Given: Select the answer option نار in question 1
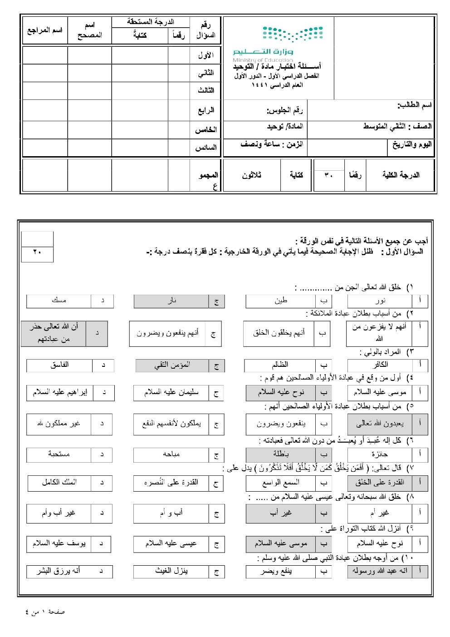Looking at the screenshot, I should tap(171, 301).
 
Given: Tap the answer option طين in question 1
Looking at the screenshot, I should tap(280, 301).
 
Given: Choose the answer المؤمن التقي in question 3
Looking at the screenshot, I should tap(172, 365).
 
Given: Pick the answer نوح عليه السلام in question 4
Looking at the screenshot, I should tap(280, 392).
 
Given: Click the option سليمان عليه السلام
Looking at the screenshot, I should tap(171, 392).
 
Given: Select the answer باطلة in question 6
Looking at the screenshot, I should tap(280, 454).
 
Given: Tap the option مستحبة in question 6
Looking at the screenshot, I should tap(59, 454).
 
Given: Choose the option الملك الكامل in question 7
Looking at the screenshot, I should tap(59, 483).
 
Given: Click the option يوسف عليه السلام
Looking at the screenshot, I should tap(59, 543).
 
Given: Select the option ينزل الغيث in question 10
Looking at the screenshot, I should tap(171, 571).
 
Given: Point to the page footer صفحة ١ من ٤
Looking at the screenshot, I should tap(45, 612).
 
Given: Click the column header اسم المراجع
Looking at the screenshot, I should tap(44, 30).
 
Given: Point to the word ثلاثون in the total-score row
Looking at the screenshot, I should tap(251, 175).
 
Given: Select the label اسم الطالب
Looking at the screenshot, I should tap(414, 105).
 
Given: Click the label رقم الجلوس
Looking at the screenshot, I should tap(284, 110).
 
